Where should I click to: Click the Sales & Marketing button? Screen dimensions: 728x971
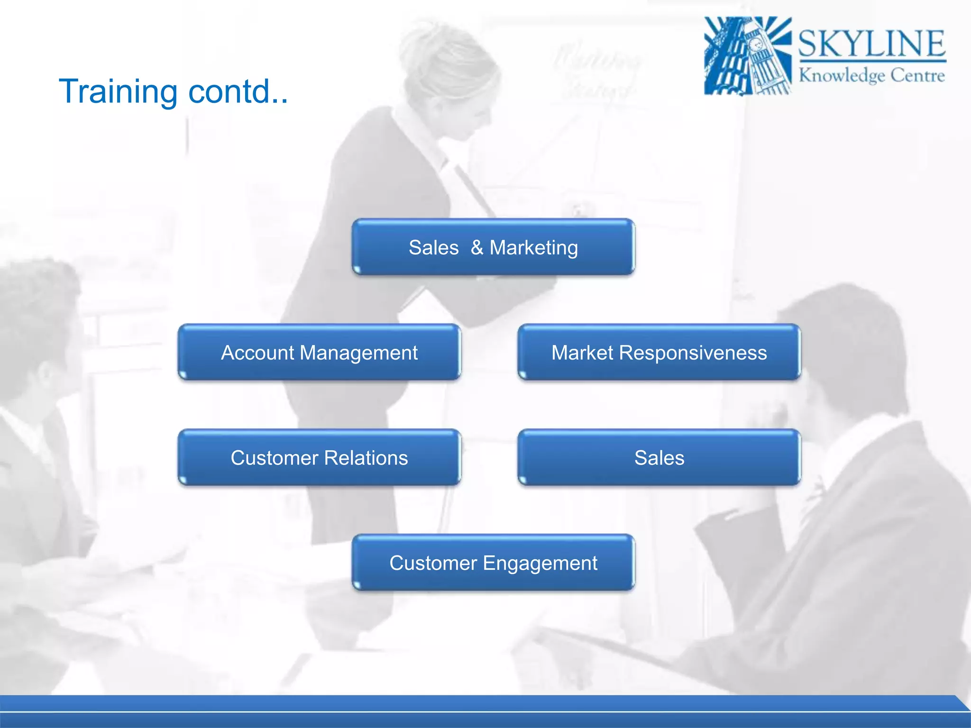tap(493, 247)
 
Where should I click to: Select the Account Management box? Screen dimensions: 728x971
tap(319, 352)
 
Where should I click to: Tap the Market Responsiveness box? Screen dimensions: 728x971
tap(659, 352)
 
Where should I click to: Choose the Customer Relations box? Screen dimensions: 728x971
tap(319, 457)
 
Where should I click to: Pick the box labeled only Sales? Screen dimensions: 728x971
tap(659, 457)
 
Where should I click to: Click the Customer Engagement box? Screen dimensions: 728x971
tap(493, 563)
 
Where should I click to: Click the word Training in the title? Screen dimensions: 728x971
tap(118, 91)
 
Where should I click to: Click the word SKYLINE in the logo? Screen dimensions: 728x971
tap(871, 44)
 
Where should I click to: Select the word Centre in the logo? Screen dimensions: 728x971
tap(917, 75)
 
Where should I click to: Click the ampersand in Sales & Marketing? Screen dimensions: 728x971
tap(477, 247)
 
